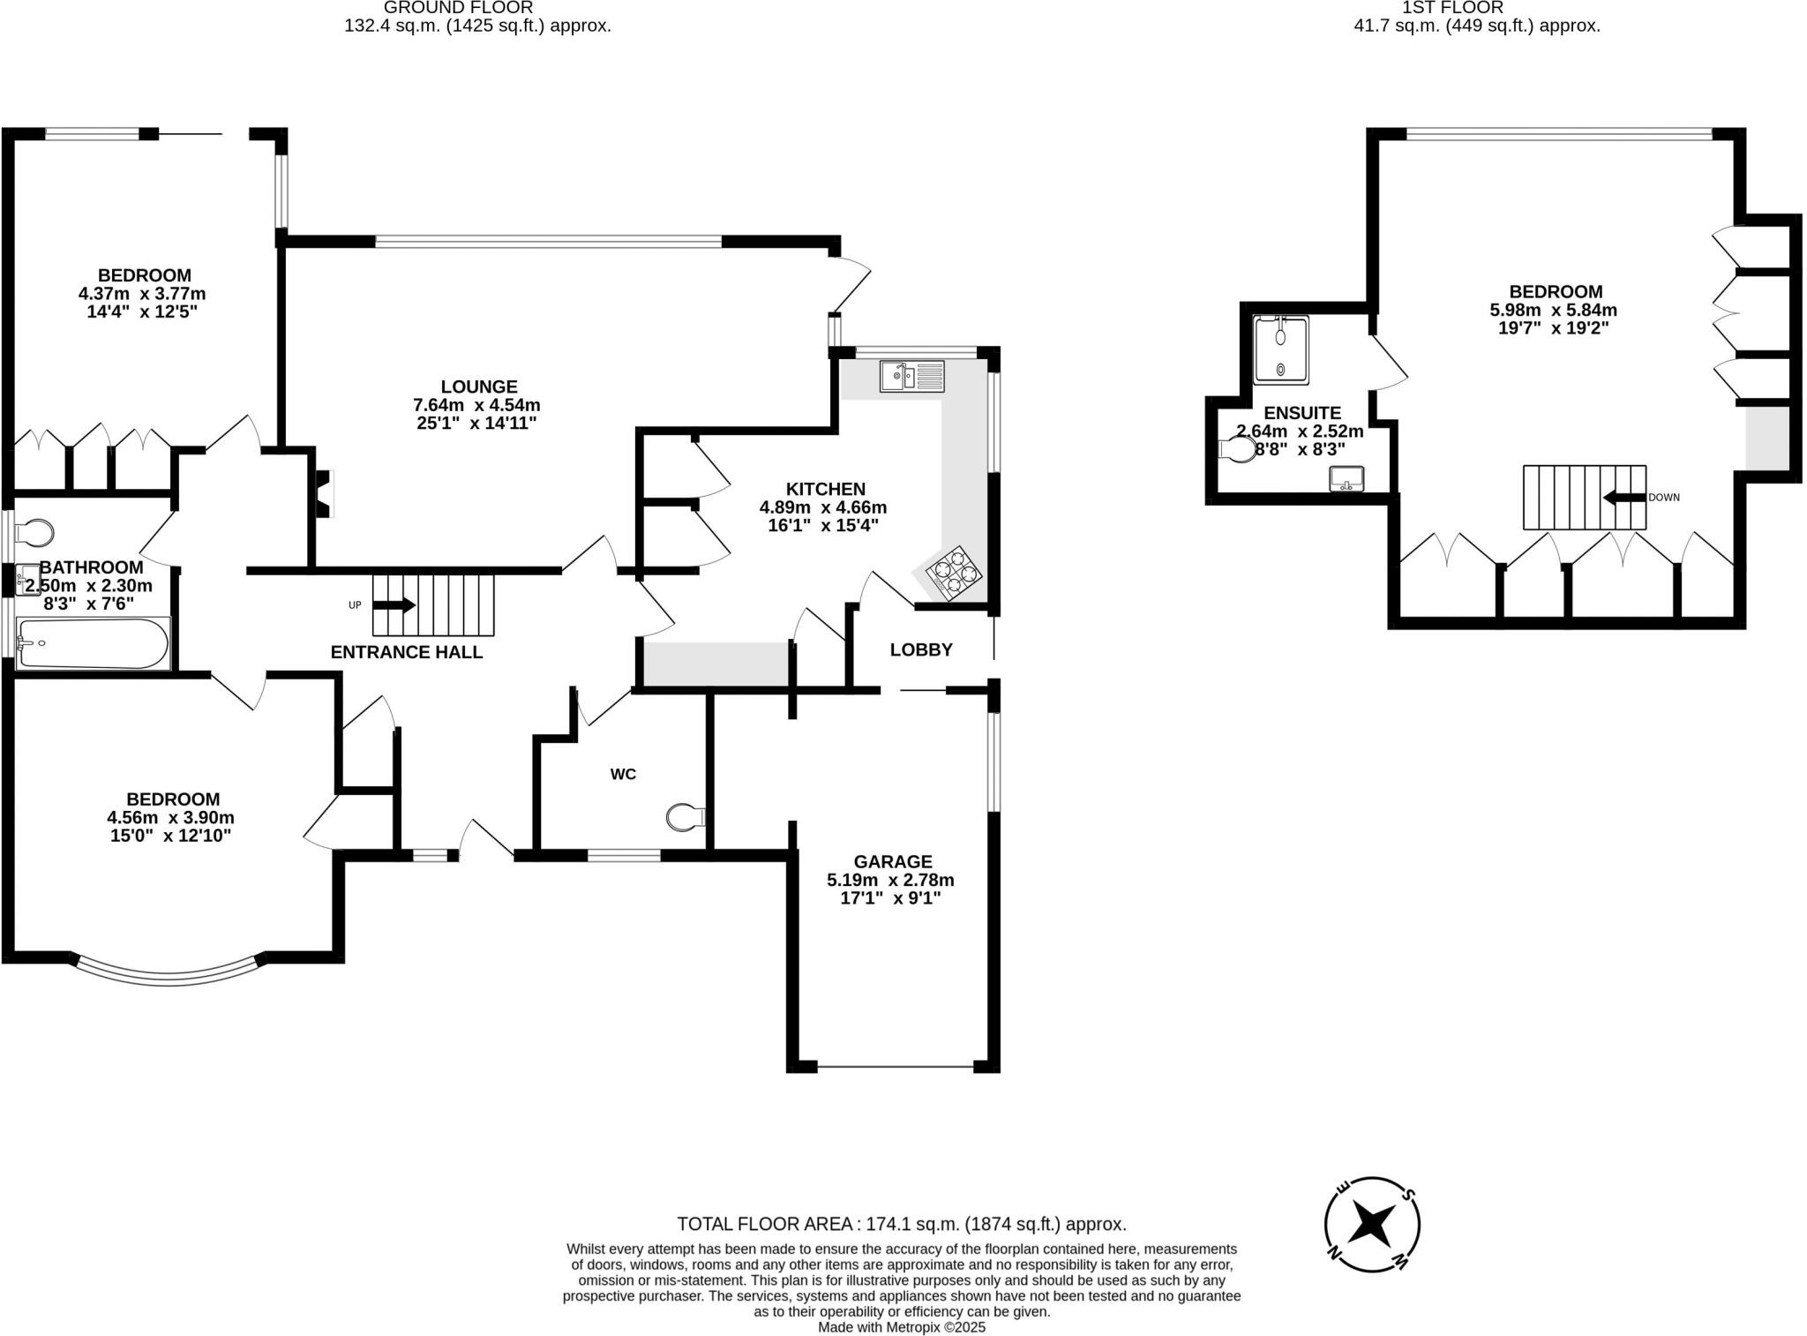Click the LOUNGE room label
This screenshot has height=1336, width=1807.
click(479, 387)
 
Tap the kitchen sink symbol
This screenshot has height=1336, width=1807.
click(911, 376)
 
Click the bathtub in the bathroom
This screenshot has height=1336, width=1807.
click(92, 644)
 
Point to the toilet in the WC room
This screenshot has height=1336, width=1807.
click(685, 817)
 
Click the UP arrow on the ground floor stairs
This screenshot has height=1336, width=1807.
click(394, 605)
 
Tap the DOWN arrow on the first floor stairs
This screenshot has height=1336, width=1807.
click(1624, 498)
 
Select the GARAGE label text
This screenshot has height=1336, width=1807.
click(892, 861)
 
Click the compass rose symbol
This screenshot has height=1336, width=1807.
click(1372, 1224)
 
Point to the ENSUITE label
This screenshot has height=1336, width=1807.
click(1302, 413)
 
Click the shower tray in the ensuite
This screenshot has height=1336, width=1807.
click(1281, 350)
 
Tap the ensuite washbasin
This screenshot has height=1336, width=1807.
click(1346, 479)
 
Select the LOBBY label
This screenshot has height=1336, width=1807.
click(921, 650)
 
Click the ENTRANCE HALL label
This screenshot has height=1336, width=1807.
click(407, 652)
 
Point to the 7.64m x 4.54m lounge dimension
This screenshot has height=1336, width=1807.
click(476, 405)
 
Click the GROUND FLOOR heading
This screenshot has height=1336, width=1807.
click(459, 8)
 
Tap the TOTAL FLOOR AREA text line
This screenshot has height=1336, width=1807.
click(902, 1224)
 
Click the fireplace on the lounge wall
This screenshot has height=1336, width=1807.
click(325, 493)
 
